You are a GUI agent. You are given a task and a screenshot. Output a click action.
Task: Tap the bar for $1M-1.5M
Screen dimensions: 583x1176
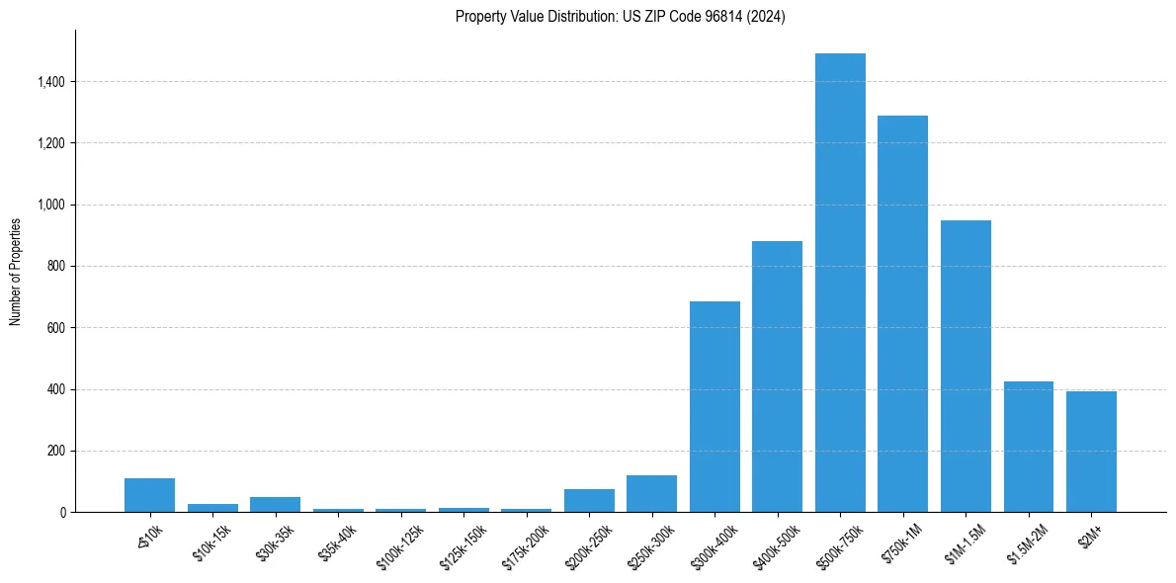(966, 367)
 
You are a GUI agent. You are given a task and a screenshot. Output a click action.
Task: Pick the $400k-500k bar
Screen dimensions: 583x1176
(777, 376)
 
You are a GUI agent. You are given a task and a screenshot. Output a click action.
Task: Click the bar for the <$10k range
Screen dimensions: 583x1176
(149, 495)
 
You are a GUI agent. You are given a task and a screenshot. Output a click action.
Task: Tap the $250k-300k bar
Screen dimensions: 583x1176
(651, 494)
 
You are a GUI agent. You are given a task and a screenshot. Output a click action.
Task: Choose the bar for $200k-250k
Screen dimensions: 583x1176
(589, 501)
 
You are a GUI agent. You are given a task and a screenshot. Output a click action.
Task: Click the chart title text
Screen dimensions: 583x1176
(621, 16)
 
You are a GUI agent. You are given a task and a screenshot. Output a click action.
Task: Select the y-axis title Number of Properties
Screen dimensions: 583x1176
(16, 271)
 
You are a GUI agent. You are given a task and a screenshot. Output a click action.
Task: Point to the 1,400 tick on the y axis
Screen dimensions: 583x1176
(49, 82)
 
